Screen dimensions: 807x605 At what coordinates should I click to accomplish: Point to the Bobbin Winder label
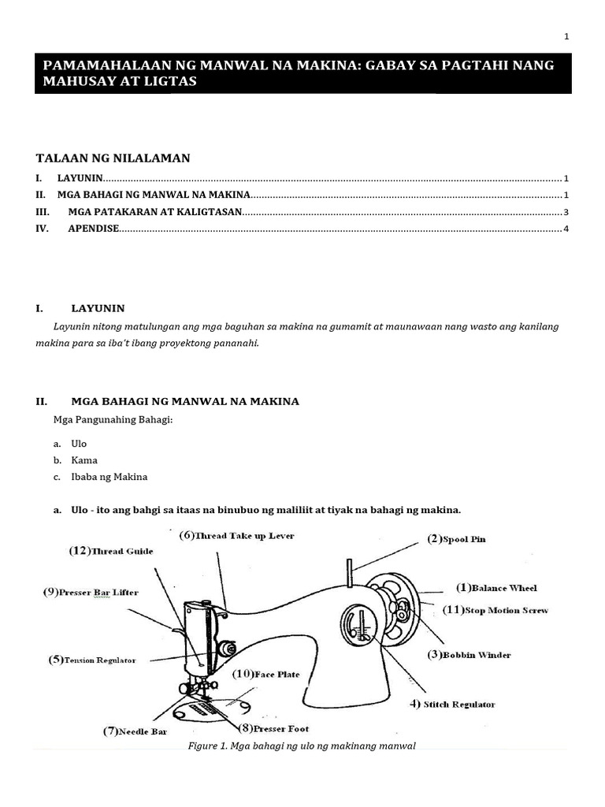(x=469, y=655)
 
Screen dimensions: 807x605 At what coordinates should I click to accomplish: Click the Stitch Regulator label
(x=451, y=705)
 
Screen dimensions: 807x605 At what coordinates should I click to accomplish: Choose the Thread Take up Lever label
(x=236, y=536)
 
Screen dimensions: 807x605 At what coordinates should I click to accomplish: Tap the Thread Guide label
(x=111, y=552)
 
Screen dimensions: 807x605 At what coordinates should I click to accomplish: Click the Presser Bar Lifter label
(x=91, y=593)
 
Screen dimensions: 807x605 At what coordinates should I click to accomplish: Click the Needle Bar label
(x=135, y=731)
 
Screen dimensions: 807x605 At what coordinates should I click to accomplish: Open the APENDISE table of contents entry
(x=94, y=229)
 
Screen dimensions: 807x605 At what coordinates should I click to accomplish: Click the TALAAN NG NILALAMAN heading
(x=113, y=158)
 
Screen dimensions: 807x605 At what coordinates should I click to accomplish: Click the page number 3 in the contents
(x=566, y=212)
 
